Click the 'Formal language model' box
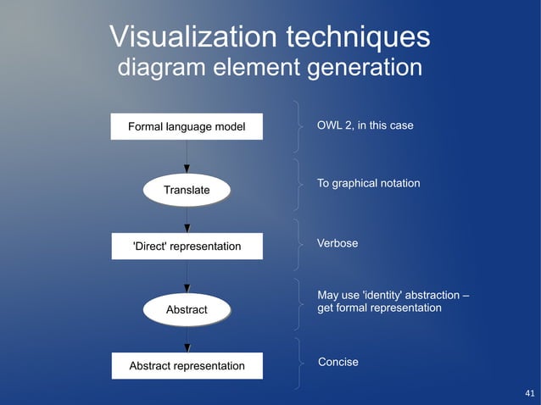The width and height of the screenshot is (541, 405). [187, 127]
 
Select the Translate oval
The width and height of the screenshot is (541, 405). [187, 190]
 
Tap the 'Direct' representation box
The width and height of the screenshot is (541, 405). [187, 247]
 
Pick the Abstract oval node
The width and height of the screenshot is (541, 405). [187, 310]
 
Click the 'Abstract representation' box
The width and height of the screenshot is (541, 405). [187, 366]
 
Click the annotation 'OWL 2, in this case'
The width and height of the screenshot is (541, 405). [365, 126]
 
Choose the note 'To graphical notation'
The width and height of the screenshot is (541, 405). [368, 184]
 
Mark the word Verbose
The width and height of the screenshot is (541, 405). [337, 244]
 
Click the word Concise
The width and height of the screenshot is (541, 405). [338, 363]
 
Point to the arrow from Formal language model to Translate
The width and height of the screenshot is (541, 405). [187, 157]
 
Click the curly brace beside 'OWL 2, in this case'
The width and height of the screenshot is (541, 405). [298, 126]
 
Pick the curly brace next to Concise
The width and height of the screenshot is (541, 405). [298, 363]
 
